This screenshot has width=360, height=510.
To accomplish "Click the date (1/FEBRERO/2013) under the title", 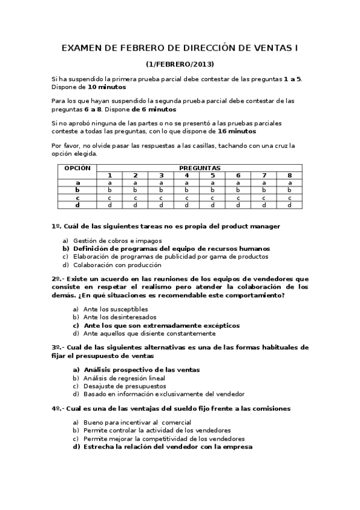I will pyautogui.click(x=180, y=64).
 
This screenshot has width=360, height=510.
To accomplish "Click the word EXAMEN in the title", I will pyautogui.click(x=83, y=48).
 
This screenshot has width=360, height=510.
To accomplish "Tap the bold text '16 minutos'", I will pyautogui.click(x=237, y=131).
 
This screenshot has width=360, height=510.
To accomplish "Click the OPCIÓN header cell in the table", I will pyautogui.click(x=78, y=168).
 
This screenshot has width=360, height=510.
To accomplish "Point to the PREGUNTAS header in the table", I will pyautogui.click(x=200, y=168).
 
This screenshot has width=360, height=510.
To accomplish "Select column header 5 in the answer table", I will pyautogui.click(x=212, y=175).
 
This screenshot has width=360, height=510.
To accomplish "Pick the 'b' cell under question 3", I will pyautogui.click(x=161, y=189).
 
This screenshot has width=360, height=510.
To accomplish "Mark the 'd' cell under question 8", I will pyautogui.click(x=290, y=204).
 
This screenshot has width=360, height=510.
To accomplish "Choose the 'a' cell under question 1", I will pyautogui.click(x=109, y=182).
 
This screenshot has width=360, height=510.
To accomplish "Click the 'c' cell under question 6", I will pyautogui.click(x=238, y=197).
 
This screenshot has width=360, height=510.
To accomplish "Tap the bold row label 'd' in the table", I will pyautogui.click(x=78, y=204).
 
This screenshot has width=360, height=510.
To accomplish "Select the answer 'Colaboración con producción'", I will pyautogui.click(x=117, y=265).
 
